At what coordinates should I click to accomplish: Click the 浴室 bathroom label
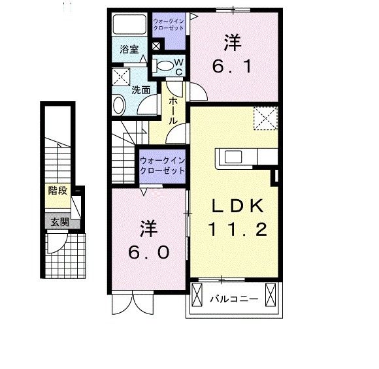[129, 49]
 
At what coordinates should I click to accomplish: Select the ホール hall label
[174, 111]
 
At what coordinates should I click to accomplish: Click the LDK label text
[237, 206]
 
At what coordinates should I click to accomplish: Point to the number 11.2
[237, 229]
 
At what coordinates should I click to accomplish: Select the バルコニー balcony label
[234, 300]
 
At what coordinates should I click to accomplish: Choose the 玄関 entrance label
[58, 221]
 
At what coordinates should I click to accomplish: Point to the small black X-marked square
[156, 46]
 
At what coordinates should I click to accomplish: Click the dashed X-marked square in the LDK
[265, 119]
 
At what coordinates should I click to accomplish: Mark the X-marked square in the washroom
[122, 76]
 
